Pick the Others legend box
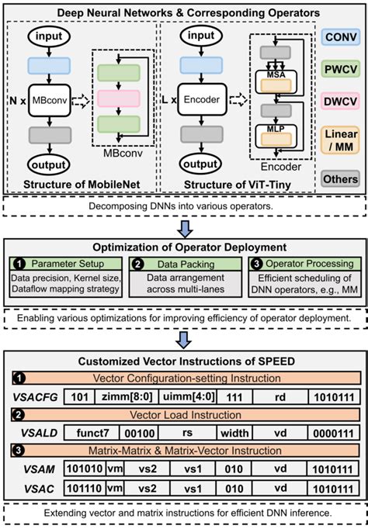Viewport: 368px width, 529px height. pyautogui.click(x=341, y=179)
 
